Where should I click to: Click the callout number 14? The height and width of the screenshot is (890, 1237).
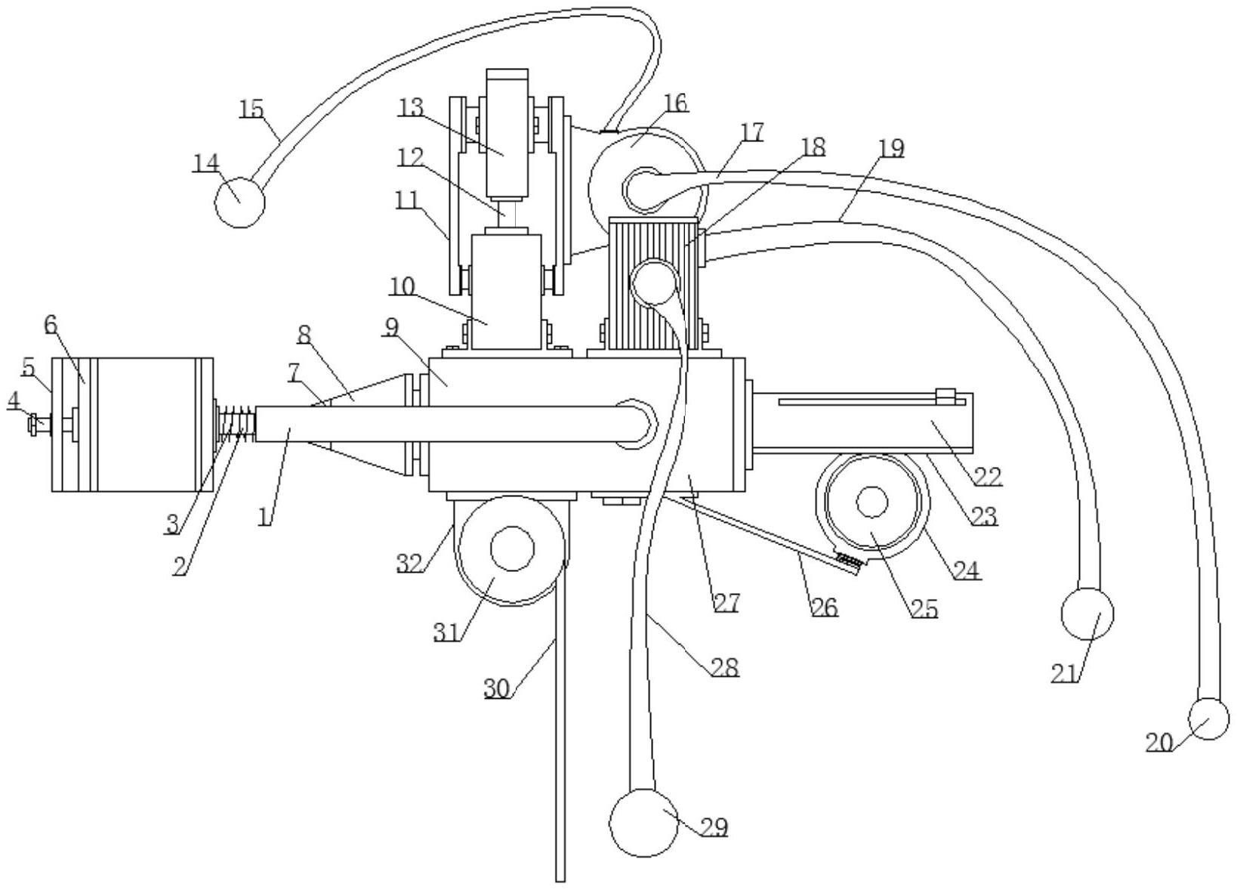(x=207, y=163)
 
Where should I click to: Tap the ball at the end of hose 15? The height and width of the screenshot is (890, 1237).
(x=239, y=202)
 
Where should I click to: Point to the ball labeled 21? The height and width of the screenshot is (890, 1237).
(x=1087, y=613)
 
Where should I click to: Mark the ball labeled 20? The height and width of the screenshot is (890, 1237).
(x=1209, y=718)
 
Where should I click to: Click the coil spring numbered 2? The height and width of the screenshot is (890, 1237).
(x=237, y=423)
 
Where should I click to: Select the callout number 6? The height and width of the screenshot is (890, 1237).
(x=51, y=326)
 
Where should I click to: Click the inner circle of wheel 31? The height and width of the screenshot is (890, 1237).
(x=513, y=548)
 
